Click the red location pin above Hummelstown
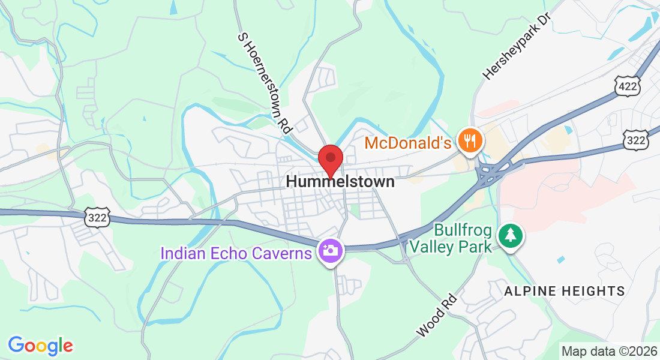(x=330, y=160)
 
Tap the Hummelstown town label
(x=340, y=181)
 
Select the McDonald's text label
(x=408, y=143)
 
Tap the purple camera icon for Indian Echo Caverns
(x=330, y=250)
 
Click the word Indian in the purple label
(x=180, y=253)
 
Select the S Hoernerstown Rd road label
(x=265, y=82)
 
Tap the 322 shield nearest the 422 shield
(x=634, y=139)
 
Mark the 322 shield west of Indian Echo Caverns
(x=97, y=218)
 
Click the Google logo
(x=40, y=345)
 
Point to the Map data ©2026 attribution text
(x=608, y=351)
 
